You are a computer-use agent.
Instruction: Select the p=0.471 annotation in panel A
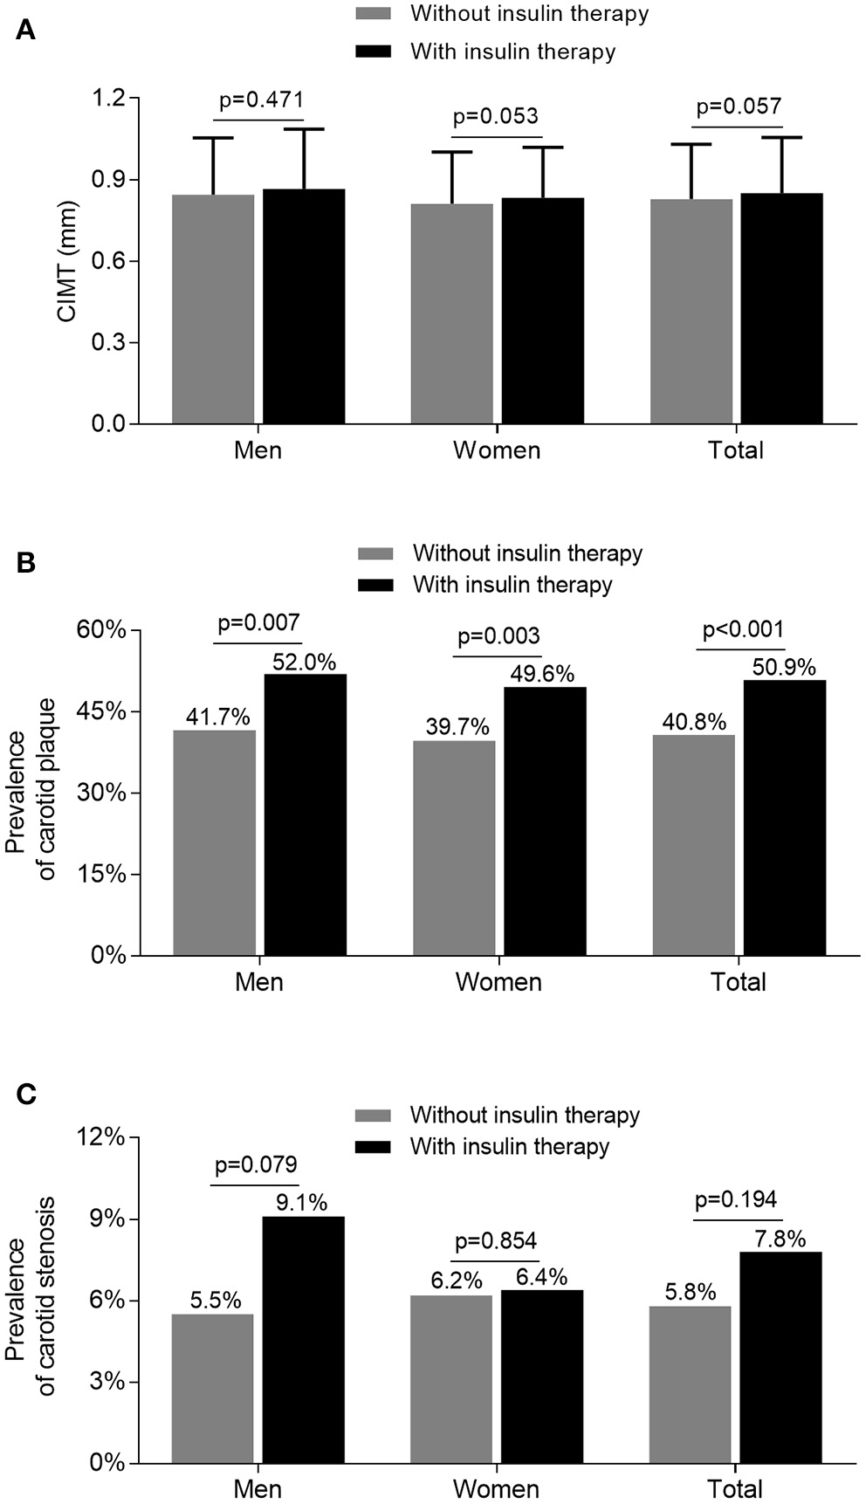click(261, 100)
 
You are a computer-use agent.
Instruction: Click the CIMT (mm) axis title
click(68, 262)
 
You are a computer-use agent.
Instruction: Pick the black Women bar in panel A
click(542, 310)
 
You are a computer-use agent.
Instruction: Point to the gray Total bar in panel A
click(691, 310)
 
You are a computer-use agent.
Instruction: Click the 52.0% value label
click(304, 663)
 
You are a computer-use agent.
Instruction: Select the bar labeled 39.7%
click(454, 847)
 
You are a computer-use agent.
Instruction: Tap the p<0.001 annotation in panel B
click(743, 629)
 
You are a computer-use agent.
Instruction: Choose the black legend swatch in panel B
click(376, 584)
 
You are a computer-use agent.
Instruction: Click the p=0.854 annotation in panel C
click(496, 1240)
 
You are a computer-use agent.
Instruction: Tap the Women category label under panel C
click(497, 1487)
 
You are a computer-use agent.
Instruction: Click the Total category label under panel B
click(739, 981)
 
